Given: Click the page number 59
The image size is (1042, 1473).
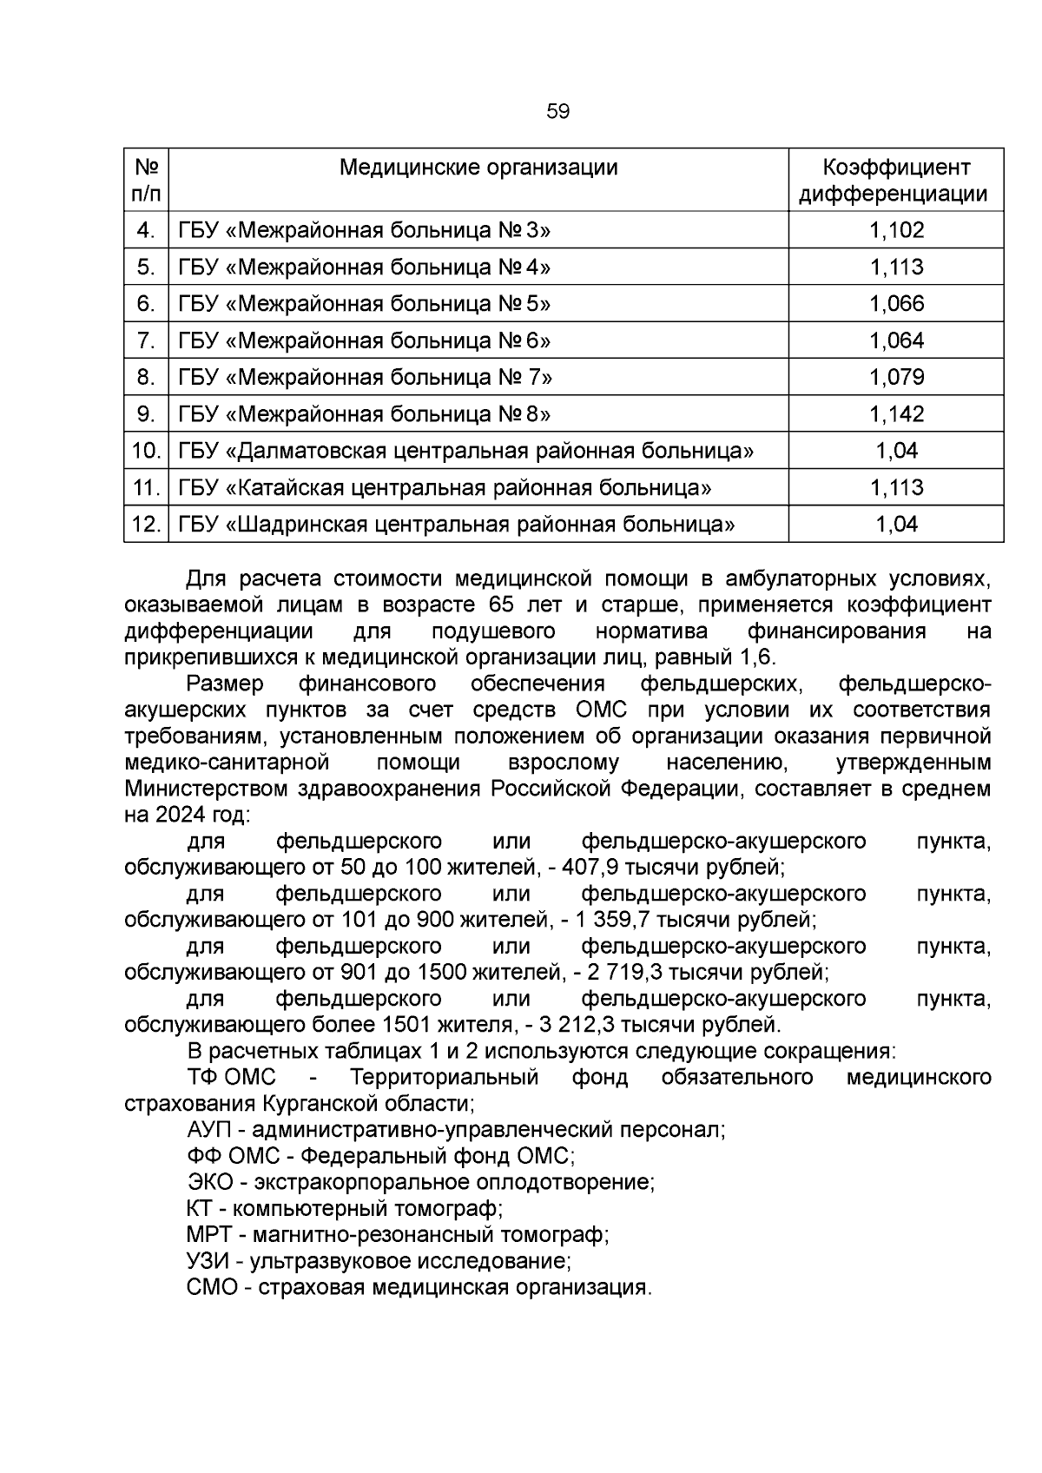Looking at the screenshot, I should click(x=558, y=111).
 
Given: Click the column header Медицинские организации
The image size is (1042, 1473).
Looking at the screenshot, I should click(x=478, y=167).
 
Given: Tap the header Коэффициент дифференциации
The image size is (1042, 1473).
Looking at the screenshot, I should click(x=896, y=180).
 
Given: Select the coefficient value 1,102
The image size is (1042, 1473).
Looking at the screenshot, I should click(x=897, y=230).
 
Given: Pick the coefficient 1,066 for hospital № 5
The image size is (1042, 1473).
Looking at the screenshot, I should click(x=897, y=304).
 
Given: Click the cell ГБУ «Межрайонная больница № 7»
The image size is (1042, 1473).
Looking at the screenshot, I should click(x=365, y=378).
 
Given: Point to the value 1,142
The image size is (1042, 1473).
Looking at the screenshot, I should click(x=897, y=414).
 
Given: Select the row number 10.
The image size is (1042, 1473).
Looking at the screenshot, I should click(x=146, y=451).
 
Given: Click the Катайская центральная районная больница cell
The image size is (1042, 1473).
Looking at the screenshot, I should click(x=445, y=488).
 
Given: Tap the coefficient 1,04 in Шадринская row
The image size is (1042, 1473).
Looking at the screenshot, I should click(x=897, y=525).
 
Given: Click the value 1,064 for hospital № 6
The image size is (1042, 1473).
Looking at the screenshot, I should click(x=897, y=340).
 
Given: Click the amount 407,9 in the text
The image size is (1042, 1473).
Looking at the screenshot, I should click(x=590, y=868).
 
